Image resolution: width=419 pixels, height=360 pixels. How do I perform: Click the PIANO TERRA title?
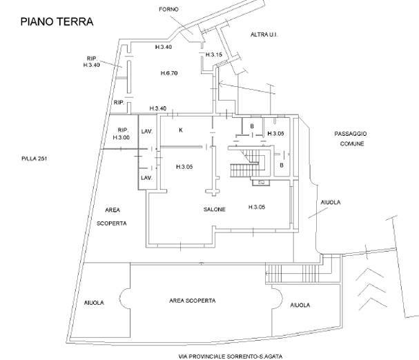point(56,22)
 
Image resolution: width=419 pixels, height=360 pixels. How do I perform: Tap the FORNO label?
point(168,9)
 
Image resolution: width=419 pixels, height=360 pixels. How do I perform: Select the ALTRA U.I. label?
point(263,33)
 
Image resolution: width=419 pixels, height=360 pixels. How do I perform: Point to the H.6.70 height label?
point(170,73)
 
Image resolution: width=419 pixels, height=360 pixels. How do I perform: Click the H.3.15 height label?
point(213,54)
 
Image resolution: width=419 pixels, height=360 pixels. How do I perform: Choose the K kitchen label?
point(181,130)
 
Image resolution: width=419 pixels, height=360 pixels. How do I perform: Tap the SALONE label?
point(215,210)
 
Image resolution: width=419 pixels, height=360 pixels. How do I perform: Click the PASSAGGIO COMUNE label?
point(351,138)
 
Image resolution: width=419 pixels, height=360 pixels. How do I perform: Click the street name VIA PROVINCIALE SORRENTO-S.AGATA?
point(230,356)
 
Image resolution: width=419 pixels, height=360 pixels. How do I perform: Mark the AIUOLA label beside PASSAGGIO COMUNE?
point(331,202)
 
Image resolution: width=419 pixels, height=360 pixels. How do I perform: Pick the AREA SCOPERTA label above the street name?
point(193,301)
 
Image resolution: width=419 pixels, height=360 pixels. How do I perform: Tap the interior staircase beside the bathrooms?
point(249,162)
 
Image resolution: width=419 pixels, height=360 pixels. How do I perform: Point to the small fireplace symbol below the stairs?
point(261,183)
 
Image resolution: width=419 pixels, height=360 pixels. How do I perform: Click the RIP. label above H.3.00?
point(124,130)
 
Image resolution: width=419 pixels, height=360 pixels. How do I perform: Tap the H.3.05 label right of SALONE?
point(257,207)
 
